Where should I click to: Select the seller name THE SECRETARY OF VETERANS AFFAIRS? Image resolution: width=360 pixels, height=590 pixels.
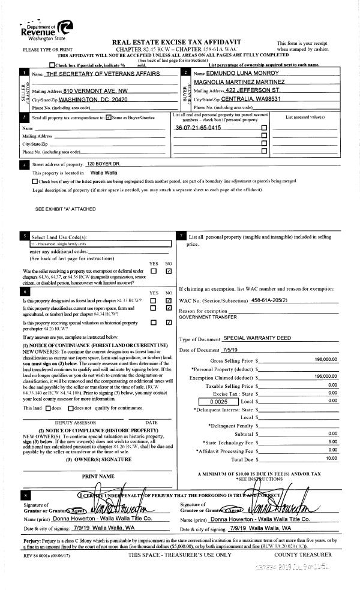(x=103, y=74)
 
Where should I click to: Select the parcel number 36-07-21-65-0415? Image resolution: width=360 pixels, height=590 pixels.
(x=194, y=128)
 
